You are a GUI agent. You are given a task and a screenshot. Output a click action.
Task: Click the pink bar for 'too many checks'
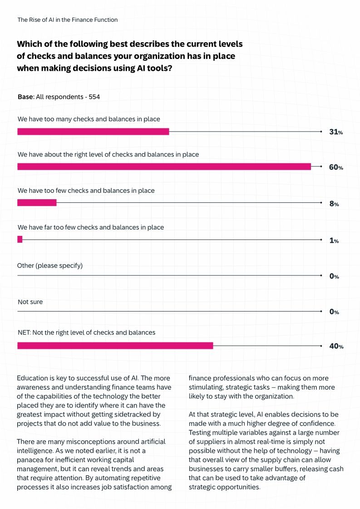pos(93,132)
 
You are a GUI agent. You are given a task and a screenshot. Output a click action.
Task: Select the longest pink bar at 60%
pos(164,166)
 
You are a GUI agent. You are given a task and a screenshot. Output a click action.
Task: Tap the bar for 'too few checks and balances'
pos(37,203)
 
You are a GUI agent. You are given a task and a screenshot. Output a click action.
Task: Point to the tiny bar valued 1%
pos(20,240)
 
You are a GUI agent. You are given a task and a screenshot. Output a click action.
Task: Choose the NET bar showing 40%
pos(115,346)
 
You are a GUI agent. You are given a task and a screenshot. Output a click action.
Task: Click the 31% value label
pos(335,132)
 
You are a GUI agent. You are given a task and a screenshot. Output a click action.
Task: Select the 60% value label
pos(336,167)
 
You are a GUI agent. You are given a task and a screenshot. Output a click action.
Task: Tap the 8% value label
pos(334,204)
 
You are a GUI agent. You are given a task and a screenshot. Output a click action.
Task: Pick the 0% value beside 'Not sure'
pos(334,312)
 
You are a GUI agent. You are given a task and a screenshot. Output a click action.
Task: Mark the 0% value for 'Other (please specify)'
pos(334,276)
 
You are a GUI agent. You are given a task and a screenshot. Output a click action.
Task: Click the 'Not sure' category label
pos(30,302)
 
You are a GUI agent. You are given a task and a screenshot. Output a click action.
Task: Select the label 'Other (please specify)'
pos(50,265)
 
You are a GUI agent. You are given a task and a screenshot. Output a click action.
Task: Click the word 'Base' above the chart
pos(25,97)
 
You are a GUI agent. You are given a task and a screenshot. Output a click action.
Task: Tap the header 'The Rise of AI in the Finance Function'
pos(68,20)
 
